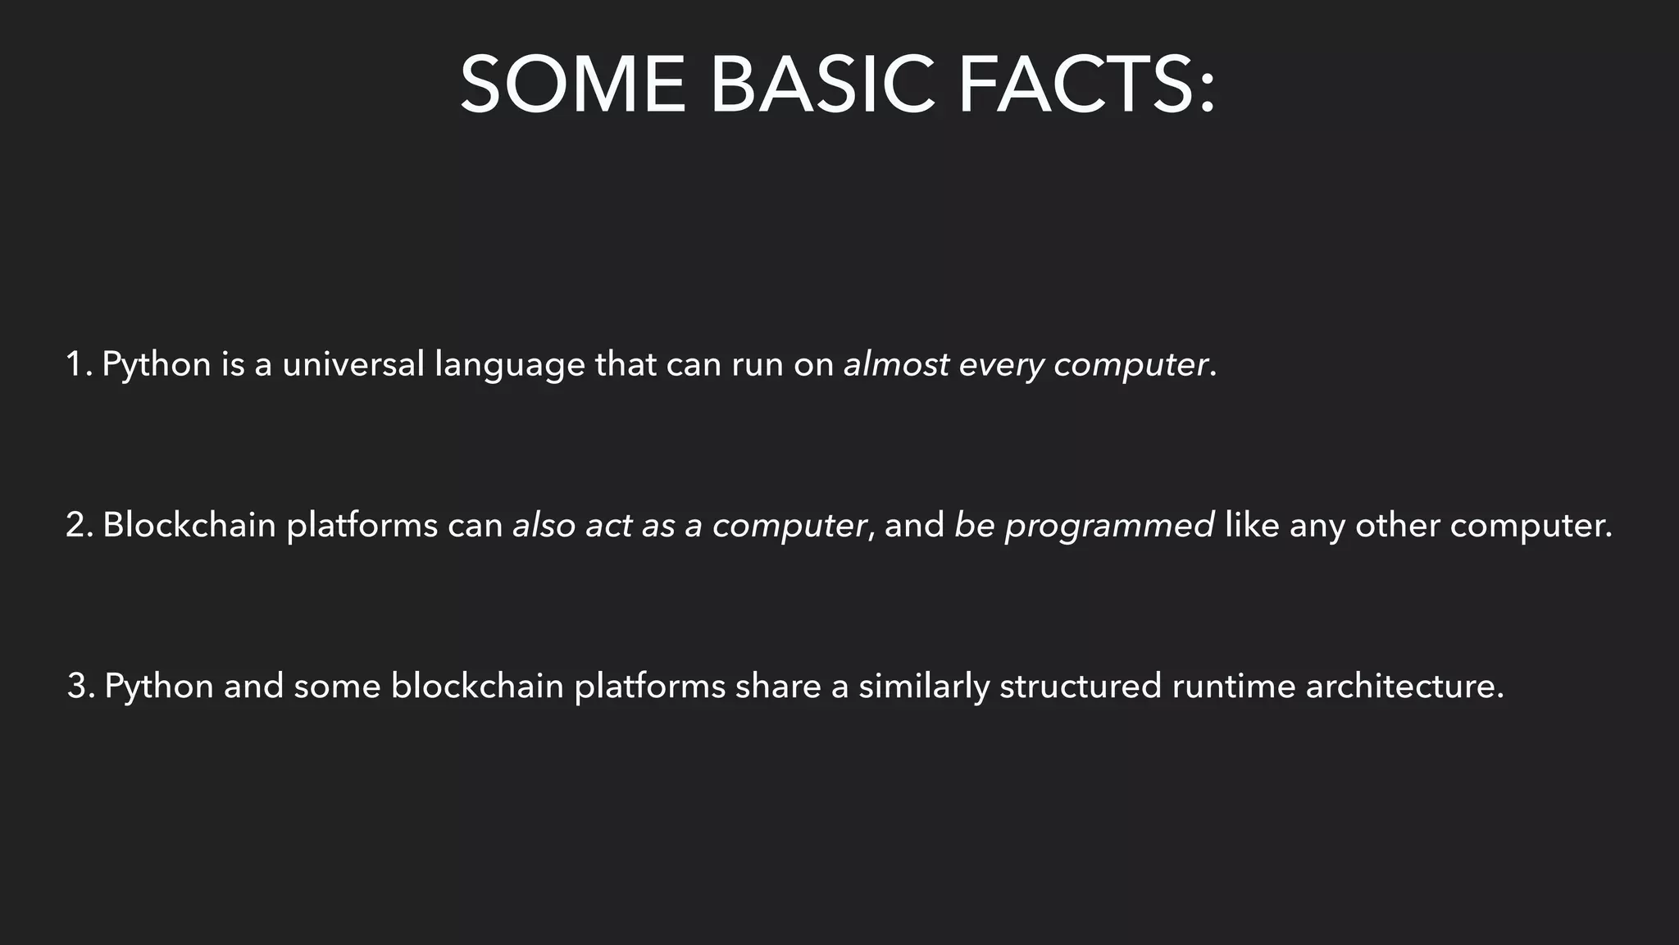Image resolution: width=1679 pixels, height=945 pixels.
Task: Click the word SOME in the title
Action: [572, 84]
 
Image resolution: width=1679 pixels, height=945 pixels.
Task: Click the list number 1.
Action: [78, 364]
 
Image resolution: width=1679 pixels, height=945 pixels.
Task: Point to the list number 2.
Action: [80, 525]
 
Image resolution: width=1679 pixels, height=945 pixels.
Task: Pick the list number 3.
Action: [80, 686]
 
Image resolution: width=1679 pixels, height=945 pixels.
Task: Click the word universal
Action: [353, 364]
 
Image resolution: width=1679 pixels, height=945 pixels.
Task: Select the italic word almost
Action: [897, 364]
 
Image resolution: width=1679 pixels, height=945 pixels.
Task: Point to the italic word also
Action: [544, 525]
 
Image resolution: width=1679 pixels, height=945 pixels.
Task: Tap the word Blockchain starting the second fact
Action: [189, 525]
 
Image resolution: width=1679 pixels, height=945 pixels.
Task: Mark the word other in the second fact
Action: [1398, 525]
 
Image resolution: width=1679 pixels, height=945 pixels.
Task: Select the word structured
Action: [1081, 686]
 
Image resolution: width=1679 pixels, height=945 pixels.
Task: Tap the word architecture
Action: [1404, 686]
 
